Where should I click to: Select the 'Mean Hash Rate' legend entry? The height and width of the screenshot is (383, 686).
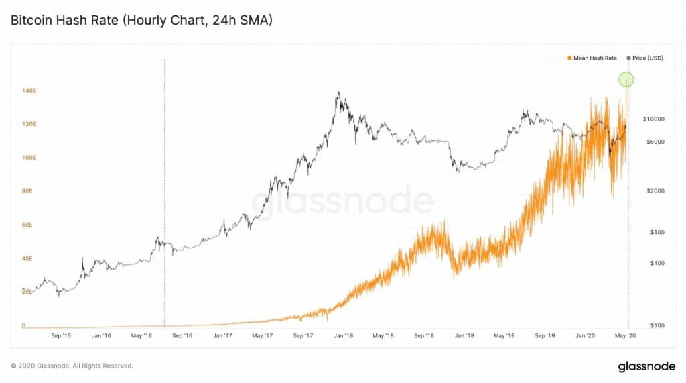[x=592, y=58]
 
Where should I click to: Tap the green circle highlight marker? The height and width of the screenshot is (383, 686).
[x=626, y=80]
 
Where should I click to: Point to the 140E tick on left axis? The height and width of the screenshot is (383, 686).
[x=28, y=91]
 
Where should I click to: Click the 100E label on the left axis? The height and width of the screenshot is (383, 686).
[x=28, y=158]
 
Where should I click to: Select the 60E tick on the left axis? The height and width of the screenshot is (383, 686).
[x=27, y=225]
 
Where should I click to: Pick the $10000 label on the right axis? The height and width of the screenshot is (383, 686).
[x=653, y=119]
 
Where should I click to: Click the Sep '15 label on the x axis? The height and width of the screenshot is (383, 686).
[x=60, y=335]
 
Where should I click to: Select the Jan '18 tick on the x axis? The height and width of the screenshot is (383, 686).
[x=345, y=335]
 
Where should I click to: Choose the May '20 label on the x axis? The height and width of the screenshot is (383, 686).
[x=626, y=335]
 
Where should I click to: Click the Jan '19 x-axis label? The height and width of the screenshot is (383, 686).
[x=465, y=335]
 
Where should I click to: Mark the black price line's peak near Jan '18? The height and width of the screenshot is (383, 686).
[x=339, y=93]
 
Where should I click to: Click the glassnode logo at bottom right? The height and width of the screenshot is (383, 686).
[x=646, y=366]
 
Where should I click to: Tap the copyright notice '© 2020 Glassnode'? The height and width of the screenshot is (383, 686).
[x=72, y=366]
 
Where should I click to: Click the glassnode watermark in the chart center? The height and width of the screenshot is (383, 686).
[x=343, y=201]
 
